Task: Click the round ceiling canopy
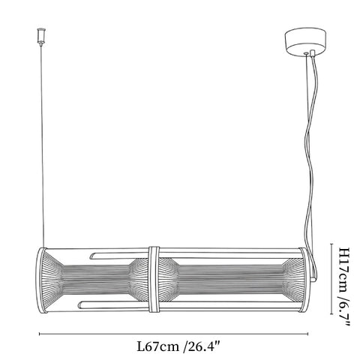click(305, 41)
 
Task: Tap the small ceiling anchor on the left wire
click(41, 37)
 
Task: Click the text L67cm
click(157, 346)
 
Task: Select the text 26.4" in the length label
click(204, 346)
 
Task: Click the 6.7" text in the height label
click(344, 313)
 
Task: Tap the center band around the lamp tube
click(154, 279)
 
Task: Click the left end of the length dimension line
click(39, 334)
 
